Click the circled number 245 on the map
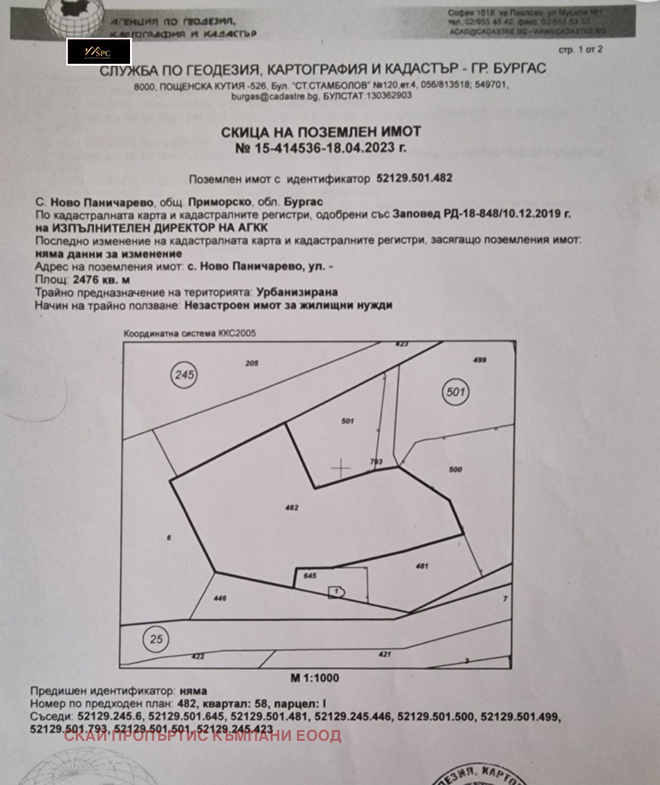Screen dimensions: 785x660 coord(185,375)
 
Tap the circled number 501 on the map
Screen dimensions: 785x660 coord(455,392)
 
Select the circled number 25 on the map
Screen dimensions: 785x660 coord(156,639)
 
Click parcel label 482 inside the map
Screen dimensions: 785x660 coord(292,508)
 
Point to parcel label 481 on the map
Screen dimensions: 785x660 coord(422,566)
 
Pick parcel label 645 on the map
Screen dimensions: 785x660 coord(310,576)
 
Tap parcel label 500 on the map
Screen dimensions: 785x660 coord(455,470)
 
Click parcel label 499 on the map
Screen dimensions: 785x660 coord(479,360)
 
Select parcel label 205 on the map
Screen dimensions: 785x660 coord(252,363)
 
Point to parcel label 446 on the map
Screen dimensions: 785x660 coord(220,598)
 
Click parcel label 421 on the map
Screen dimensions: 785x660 coord(385,654)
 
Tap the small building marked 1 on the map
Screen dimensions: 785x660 coord(337,592)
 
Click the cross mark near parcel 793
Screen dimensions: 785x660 coord(341,469)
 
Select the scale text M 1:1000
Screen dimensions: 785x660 coord(315,678)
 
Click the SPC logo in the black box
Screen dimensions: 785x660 coord(99,52)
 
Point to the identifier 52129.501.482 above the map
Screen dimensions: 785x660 coord(414,178)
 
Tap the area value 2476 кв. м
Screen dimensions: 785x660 coord(101,280)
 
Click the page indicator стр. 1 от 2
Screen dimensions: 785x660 coord(581,50)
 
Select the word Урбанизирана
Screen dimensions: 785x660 coord(297,292)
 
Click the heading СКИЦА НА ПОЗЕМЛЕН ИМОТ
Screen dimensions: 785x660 coord(321,131)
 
